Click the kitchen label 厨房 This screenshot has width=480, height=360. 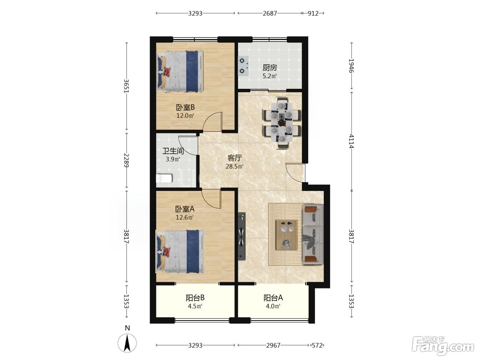coord(269,68)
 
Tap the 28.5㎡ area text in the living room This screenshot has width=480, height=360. coord(235,167)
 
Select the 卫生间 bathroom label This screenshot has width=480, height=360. coord(173,151)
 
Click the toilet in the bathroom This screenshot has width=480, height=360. coord(164,178)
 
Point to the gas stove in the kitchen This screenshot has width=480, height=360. coord(243,66)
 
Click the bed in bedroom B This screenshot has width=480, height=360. coord(180,71)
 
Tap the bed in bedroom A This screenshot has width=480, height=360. coord(180,251)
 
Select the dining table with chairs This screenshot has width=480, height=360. coord(282,123)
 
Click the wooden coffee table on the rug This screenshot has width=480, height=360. coord(287,235)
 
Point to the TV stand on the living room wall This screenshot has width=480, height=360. coord(242,237)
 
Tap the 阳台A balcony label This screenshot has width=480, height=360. coord(273,298)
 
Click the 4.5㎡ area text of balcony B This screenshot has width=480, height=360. coord(195,306)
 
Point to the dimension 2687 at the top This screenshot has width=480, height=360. coord(270,14)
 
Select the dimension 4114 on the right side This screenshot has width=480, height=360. coord(351,141)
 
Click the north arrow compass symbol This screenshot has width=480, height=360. coord(127,343)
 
